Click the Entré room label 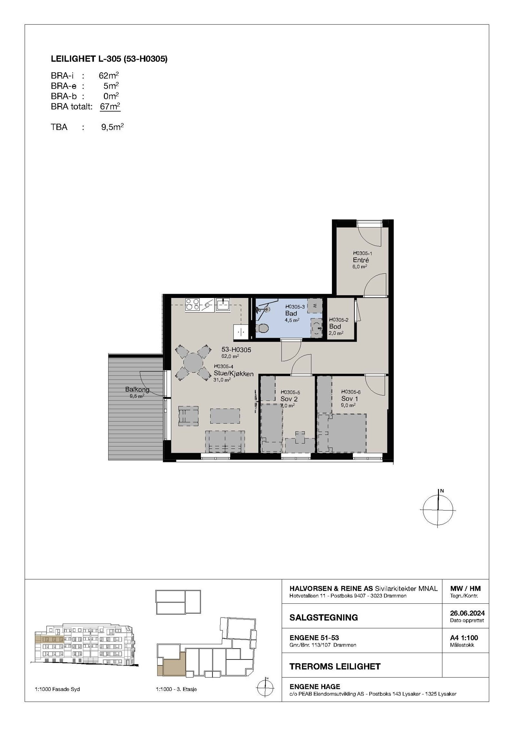click(361, 260)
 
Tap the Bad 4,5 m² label click(291, 313)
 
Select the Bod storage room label click(335, 326)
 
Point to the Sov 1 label click(350, 399)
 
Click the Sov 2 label click(289, 399)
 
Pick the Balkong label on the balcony click(137, 389)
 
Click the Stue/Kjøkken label click(233, 374)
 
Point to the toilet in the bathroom click(263, 328)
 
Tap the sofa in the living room click(225, 441)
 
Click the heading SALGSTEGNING click(323, 618)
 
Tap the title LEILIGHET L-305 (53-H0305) click(109, 59)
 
